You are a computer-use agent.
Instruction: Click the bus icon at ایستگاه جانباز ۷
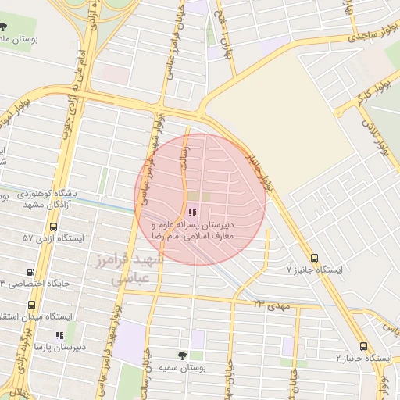(x=314, y=258)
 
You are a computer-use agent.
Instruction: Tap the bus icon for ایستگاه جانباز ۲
(x=363, y=346)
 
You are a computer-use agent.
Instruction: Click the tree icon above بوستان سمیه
(x=182, y=355)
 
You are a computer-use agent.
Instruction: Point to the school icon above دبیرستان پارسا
(x=60, y=335)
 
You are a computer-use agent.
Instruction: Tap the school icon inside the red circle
(x=192, y=212)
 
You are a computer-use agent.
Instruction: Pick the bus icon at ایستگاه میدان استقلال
(x=31, y=305)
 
